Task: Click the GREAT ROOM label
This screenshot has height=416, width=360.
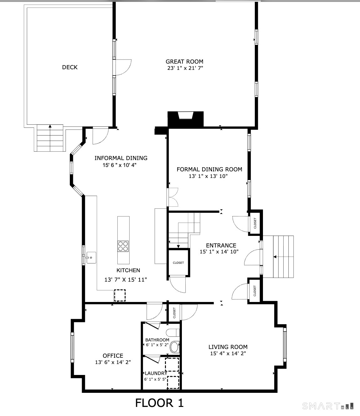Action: click(184, 62)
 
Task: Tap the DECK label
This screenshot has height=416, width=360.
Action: click(69, 67)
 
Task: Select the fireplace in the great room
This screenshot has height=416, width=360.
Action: click(186, 119)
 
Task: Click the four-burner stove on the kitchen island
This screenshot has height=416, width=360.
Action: click(123, 246)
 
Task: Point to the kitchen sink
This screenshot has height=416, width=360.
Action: click(91, 257)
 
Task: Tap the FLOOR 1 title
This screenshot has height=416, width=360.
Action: click(159, 403)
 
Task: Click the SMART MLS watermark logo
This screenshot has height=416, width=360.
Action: click(328, 406)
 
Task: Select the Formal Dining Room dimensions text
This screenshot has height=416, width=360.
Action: click(208, 176)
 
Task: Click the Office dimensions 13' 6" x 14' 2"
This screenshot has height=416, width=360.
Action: click(113, 362)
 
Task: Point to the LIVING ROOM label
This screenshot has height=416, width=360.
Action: click(228, 347)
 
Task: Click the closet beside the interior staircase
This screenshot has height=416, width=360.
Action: click(178, 263)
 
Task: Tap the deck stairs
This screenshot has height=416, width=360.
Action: click(50, 138)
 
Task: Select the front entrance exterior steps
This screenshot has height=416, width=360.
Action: click(283, 257)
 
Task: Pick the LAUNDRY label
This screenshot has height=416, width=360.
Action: click(156, 373)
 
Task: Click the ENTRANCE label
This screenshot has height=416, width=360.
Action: click(221, 245)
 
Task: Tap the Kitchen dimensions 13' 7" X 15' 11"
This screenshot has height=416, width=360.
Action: click(126, 280)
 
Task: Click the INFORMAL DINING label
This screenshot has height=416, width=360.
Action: click(121, 158)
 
